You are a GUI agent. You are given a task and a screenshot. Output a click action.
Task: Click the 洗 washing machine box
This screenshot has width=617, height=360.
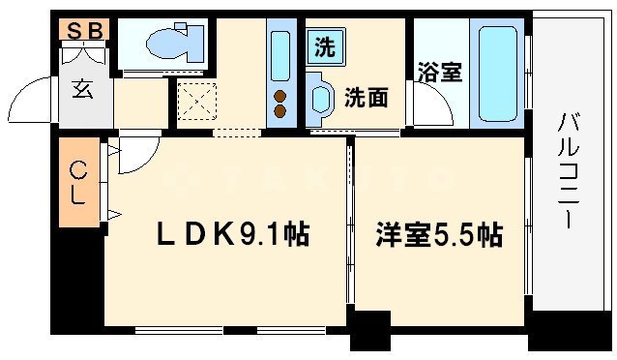pos(323,45)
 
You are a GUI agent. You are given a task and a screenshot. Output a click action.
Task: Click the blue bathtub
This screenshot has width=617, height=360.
pos(497,75)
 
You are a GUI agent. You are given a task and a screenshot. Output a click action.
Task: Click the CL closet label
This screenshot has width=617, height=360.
pos(77,183)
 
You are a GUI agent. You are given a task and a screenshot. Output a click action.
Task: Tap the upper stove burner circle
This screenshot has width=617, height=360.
pos(280,95)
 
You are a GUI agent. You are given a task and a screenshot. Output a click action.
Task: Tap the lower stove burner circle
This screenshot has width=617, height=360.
pos(280,111)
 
